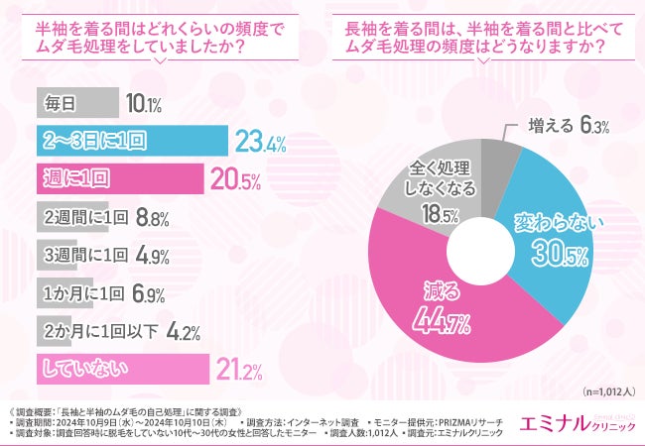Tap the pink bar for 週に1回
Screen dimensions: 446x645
pos(118,179)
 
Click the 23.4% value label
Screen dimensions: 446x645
pos(261,143)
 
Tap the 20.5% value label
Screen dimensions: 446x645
pos(234,180)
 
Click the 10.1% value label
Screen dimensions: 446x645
pos(144,104)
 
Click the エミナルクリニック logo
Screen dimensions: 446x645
pos(580,422)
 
